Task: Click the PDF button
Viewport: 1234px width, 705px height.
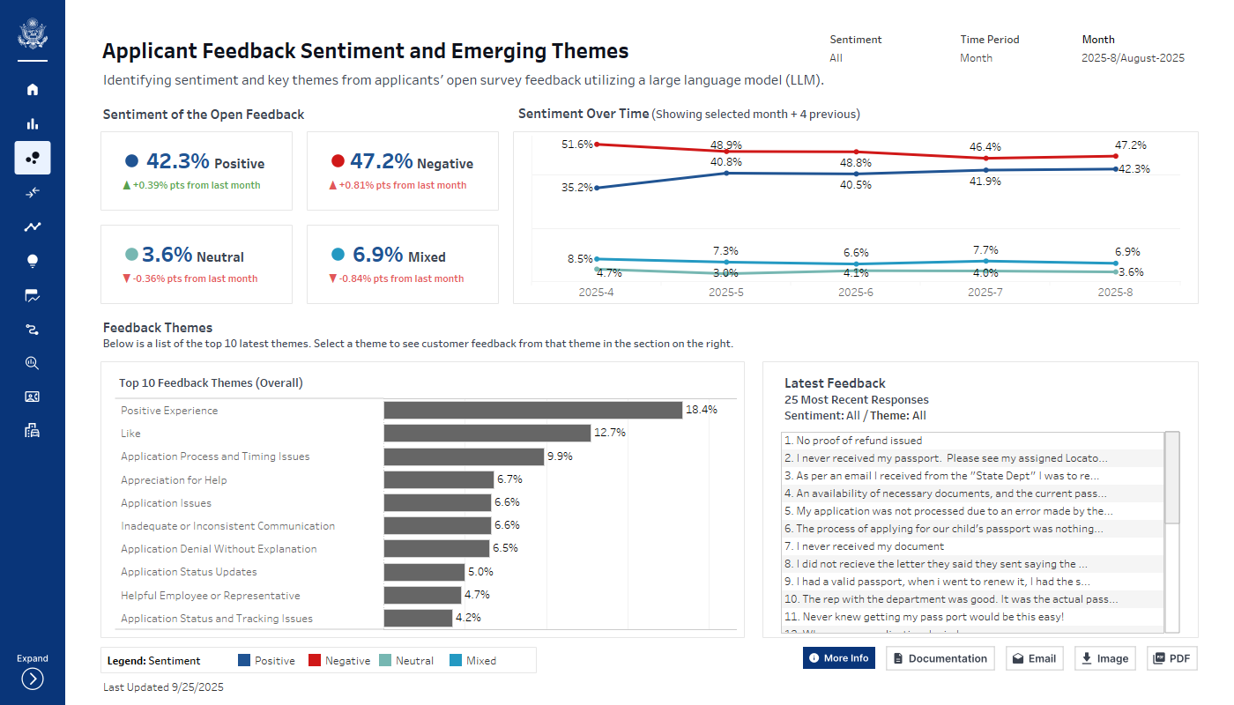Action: tap(1171, 658)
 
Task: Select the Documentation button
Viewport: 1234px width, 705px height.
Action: tap(940, 658)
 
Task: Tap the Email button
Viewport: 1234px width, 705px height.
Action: tap(1034, 658)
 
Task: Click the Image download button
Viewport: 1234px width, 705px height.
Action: tap(1104, 658)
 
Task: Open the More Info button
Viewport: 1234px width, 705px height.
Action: tap(838, 658)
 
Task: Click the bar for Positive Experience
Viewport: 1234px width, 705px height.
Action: tap(532, 411)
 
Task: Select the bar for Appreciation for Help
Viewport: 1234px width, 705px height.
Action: tap(438, 479)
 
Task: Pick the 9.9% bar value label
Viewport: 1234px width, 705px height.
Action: tap(561, 456)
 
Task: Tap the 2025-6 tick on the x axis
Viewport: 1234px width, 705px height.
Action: tap(856, 292)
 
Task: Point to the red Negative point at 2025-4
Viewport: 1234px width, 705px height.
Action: tap(597, 144)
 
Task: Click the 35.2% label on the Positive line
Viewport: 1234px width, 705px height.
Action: tap(576, 188)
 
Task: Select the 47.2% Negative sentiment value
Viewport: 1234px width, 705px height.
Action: tap(381, 161)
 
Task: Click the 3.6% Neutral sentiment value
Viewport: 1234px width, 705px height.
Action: tap(167, 255)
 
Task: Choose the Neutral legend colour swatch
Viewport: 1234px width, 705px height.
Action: tap(385, 660)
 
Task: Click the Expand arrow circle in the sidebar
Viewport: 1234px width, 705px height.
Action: tap(33, 679)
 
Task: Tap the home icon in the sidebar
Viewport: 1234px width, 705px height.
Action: tap(33, 89)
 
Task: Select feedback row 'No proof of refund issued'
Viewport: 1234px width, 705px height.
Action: tap(859, 441)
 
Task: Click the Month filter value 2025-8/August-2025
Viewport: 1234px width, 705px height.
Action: tap(1133, 58)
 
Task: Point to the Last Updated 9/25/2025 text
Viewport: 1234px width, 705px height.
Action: tap(163, 687)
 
